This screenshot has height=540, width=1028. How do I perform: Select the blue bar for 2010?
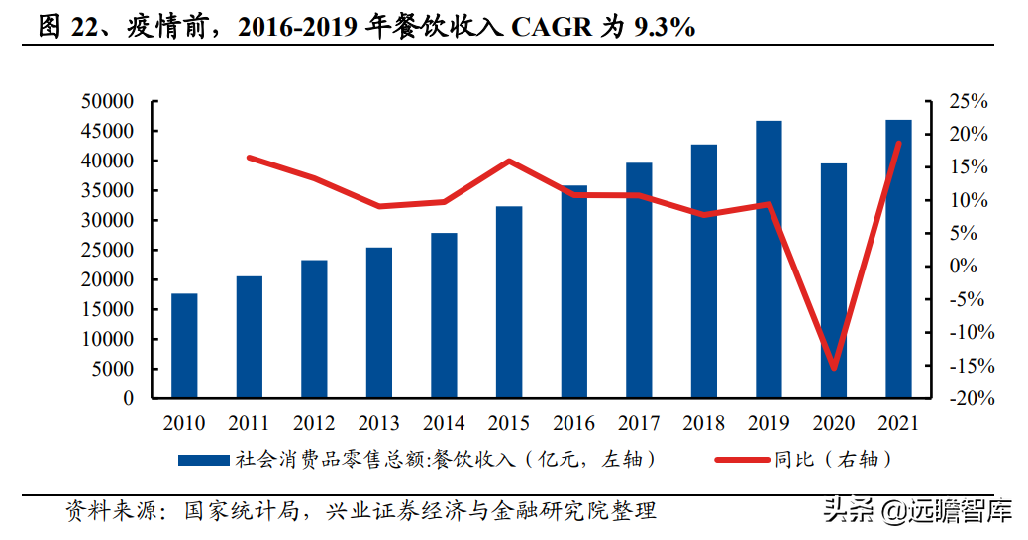click(x=184, y=346)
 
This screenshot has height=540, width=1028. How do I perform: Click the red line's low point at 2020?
click(x=834, y=368)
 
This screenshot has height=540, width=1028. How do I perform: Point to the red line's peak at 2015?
click(x=509, y=161)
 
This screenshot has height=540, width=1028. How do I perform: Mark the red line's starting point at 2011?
click(x=250, y=158)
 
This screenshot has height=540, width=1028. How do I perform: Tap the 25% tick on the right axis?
click(x=969, y=101)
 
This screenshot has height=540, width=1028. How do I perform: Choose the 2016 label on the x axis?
click(x=574, y=424)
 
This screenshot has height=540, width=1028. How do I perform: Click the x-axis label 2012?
click(x=314, y=424)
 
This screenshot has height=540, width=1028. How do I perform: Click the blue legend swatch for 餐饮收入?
click(x=204, y=460)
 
